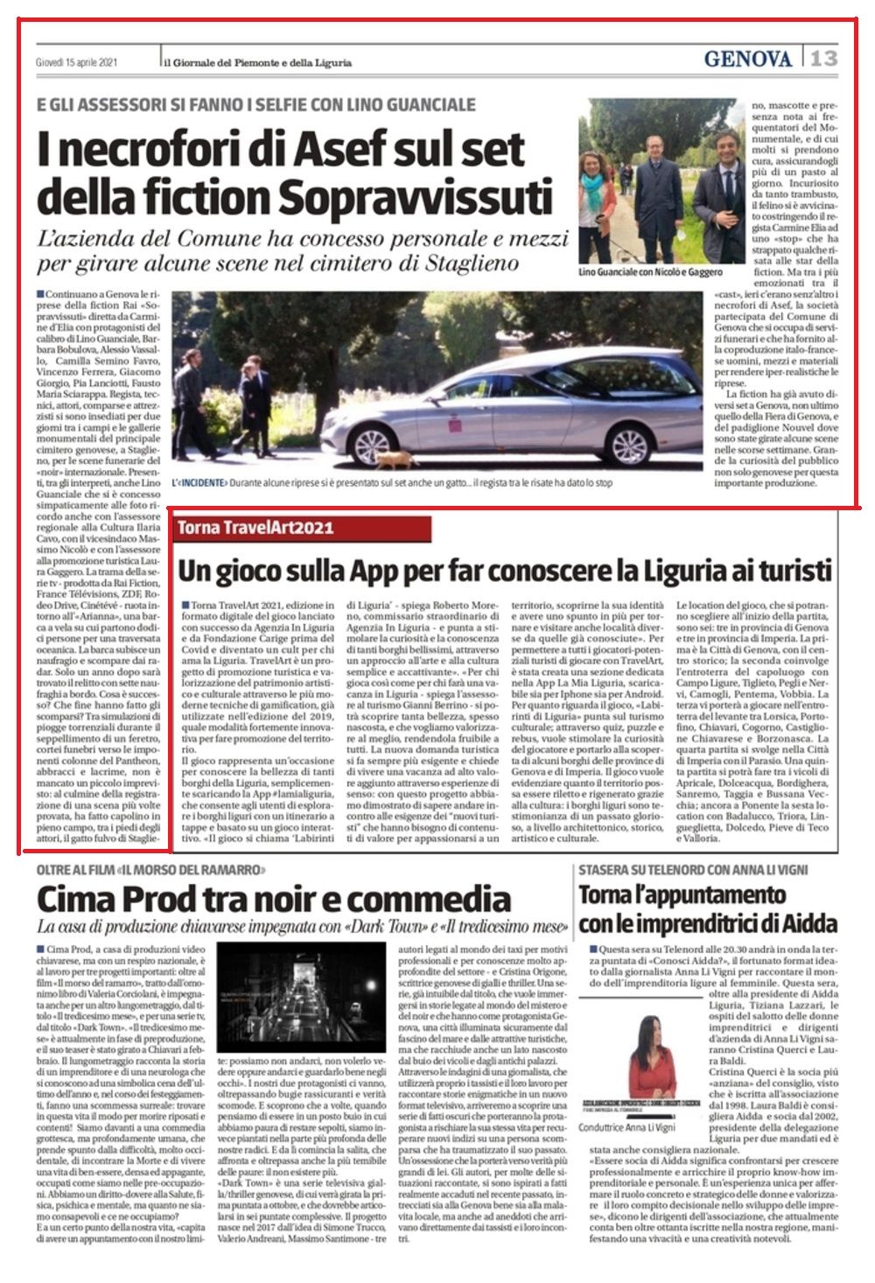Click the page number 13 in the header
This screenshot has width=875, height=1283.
[822, 59]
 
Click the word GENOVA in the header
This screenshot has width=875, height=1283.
[747, 60]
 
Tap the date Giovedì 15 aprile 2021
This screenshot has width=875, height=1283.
[77, 63]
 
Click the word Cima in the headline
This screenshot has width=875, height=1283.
[80, 899]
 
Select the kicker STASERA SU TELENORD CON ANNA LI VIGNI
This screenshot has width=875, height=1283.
[692, 870]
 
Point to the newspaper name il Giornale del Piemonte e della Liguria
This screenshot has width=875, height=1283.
[258, 63]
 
